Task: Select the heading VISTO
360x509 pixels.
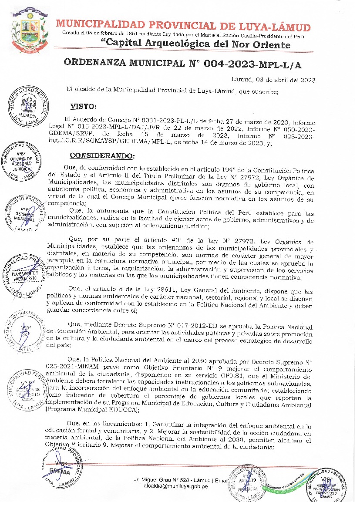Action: tap(84, 107)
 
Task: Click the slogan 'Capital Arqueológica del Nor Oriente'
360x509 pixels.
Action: tap(195, 44)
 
